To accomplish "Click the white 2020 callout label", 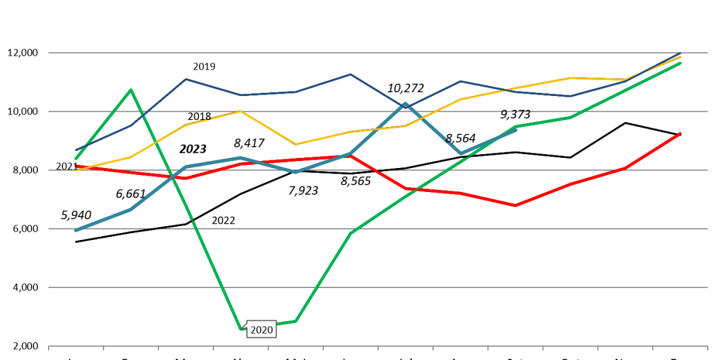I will click(261, 330).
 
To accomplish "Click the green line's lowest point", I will click(241, 328).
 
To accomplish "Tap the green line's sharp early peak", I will click(131, 90).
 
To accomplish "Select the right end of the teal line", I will click(515, 129).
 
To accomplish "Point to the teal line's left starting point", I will click(76, 230).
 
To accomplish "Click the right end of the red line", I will click(680, 133).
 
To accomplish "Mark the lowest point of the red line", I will click(515, 205).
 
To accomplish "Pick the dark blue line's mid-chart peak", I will click(351, 75).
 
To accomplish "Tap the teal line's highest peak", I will click(405, 104).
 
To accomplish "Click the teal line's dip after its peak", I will click(460, 153).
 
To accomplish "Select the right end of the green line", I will click(680, 63).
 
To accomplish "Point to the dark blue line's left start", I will click(76, 150).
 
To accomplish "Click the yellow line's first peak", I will click(241, 111).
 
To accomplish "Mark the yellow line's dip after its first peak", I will click(296, 144).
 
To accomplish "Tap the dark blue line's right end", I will click(680, 53).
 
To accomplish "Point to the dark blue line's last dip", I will click(570, 96).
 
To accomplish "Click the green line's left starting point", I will click(76, 159).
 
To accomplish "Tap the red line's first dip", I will click(186, 178).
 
